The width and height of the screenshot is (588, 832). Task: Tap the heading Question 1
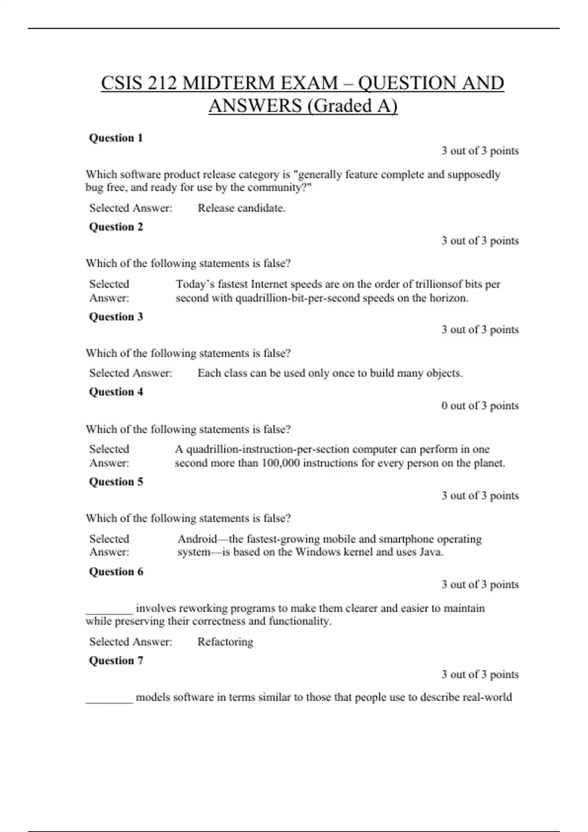116,138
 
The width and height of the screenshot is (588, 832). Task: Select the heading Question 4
116,392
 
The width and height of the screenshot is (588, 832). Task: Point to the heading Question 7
116,661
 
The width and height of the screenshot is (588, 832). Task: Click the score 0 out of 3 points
480,406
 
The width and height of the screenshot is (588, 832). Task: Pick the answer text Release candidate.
241,208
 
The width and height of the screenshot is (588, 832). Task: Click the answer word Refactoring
225,642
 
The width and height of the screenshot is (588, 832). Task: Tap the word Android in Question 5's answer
197,539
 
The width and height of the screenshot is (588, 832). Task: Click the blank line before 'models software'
109,701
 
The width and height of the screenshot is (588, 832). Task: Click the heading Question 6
116,572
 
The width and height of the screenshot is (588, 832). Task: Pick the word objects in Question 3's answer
444,373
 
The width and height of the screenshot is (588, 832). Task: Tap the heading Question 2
116,227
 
